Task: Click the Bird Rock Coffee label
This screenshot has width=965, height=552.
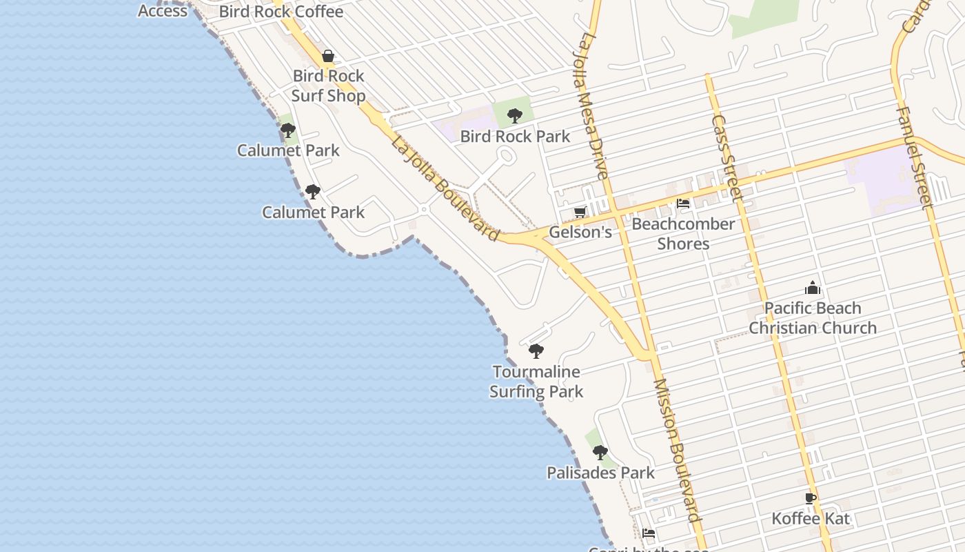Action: pos(281,12)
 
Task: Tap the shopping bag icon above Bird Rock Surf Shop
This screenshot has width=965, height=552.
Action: pos(328,56)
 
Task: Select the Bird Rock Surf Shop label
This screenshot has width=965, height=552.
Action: pos(328,86)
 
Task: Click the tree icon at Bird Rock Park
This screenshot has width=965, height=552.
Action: pos(514,115)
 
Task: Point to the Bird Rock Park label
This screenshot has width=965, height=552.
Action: pos(515,136)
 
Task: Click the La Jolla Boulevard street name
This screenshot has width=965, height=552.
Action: pos(445,188)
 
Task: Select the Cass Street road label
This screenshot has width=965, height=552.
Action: pos(727,157)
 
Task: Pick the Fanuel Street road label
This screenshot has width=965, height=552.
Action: pos(914,157)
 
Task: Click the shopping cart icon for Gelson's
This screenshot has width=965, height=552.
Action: pos(580,212)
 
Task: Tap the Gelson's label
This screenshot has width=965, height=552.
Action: pos(580,232)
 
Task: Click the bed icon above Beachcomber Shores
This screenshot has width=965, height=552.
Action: pos(683,204)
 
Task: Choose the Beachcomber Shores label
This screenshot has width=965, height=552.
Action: pos(683,234)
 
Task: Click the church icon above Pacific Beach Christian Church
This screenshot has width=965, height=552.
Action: pos(813,288)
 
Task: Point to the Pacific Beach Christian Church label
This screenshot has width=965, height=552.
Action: pos(813,318)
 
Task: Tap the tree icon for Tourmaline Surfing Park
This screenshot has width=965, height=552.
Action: pos(536,351)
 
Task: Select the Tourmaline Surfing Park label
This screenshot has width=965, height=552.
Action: pos(536,382)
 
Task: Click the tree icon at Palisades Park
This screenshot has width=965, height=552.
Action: pos(600,453)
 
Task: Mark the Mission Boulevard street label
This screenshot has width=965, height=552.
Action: pos(676,450)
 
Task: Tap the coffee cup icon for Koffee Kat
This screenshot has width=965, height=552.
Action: pos(811,498)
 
